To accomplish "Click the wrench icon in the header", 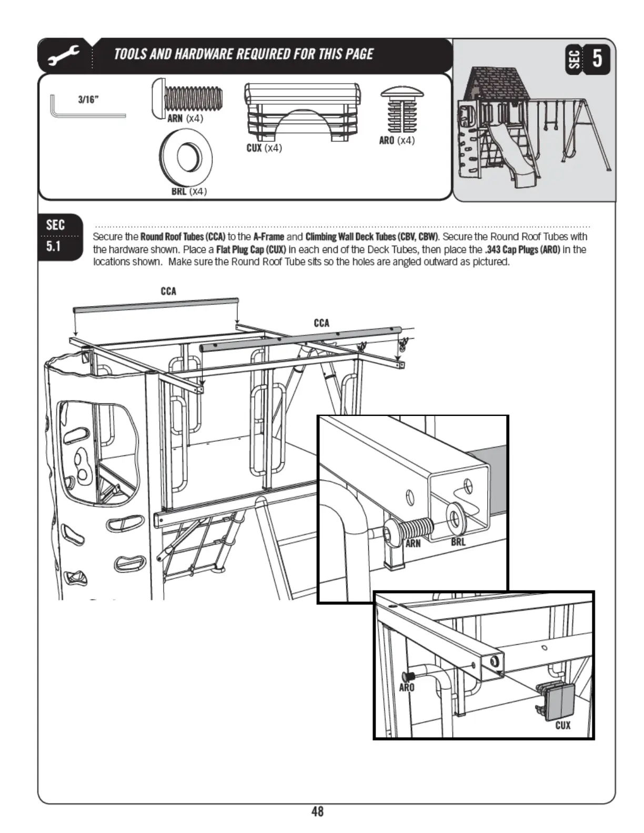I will [64, 55].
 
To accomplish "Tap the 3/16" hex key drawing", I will [87, 107].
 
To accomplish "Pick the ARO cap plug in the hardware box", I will [402, 110].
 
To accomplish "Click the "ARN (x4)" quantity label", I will [185, 118].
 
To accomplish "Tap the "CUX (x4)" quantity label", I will [264, 148].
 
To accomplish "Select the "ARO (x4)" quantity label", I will [397, 140].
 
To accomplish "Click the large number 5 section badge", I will [597, 58].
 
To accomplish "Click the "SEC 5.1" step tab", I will [55, 236].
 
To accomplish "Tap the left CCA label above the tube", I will [168, 291].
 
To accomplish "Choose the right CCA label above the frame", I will [321, 323].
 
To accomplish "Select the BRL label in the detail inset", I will [458, 542].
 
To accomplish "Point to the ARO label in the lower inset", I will [407, 687].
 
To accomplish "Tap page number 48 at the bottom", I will [317, 811].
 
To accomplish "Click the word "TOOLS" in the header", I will [130, 54].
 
